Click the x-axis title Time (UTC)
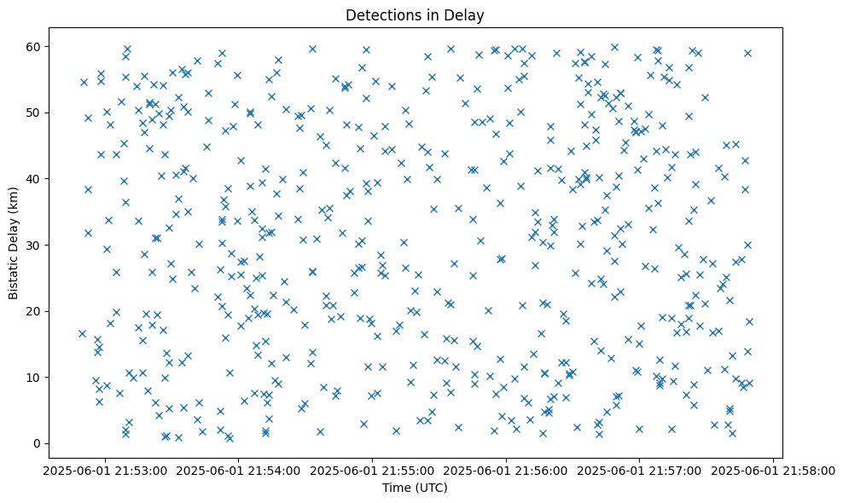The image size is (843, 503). pos(414,488)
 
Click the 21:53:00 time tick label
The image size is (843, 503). pos(104,470)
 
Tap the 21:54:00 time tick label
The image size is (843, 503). pos(238,470)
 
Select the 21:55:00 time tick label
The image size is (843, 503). pos(372,470)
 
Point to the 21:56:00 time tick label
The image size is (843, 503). pos(506,470)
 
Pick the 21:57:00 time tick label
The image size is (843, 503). pos(640,470)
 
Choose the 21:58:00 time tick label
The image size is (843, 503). pos(773,470)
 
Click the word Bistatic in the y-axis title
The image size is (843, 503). pos(14,275)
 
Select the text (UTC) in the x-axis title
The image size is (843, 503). pos(431,488)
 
